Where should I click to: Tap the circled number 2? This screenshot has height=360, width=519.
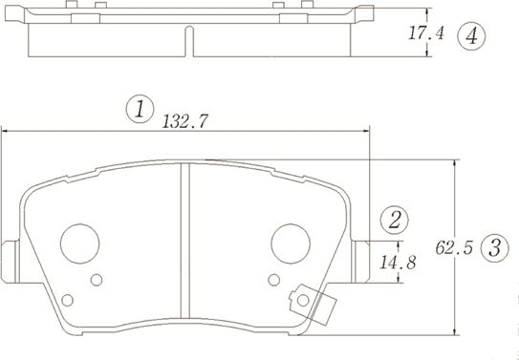click(394, 220)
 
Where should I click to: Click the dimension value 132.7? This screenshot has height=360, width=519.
click(186, 121)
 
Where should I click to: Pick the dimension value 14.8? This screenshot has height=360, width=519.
click(397, 263)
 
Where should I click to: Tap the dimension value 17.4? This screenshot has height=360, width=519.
click(426, 34)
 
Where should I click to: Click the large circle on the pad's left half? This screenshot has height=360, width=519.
click(81, 243)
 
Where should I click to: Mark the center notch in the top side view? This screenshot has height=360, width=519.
click(188, 42)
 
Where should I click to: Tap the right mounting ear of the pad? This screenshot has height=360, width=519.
click(364, 260)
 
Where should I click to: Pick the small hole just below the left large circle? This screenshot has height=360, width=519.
click(96, 281)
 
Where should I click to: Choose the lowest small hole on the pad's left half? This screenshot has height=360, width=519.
click(66, 300)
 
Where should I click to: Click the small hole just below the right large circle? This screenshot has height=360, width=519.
click(275, 281)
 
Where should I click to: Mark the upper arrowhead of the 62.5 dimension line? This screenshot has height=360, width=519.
click(454, 163)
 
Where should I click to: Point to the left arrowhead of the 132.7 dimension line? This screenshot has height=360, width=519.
click(5, 132)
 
